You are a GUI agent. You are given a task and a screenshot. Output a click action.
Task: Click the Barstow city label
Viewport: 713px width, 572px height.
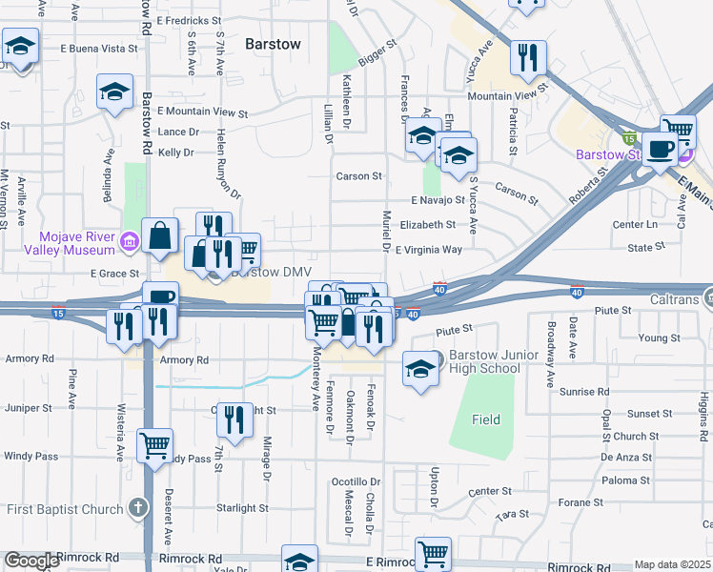click(273, 44)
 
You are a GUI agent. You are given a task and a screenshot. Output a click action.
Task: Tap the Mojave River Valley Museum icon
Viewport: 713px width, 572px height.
click(129, 246)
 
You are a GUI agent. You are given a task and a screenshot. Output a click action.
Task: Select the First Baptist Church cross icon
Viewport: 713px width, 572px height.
click(139, 508)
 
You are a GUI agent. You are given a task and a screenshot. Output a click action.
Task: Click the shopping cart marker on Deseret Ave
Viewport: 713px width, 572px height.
click(154, 444)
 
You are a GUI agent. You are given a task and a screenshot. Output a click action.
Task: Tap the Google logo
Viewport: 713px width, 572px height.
click(31, 561)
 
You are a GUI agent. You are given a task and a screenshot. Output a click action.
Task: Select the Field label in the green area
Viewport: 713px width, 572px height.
click(486, 419)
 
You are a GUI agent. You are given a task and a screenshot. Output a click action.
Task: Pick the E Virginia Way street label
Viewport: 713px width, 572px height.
click(428, 250)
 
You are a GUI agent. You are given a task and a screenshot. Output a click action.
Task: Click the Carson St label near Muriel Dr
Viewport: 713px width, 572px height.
click(358, 176)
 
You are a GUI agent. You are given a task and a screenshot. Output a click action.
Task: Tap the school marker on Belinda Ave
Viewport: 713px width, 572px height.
click(115, 92)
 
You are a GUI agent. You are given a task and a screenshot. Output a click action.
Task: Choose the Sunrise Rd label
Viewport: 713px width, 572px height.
click(583, 392)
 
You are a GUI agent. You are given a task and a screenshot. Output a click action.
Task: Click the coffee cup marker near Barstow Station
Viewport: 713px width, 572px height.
click(661, 149)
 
